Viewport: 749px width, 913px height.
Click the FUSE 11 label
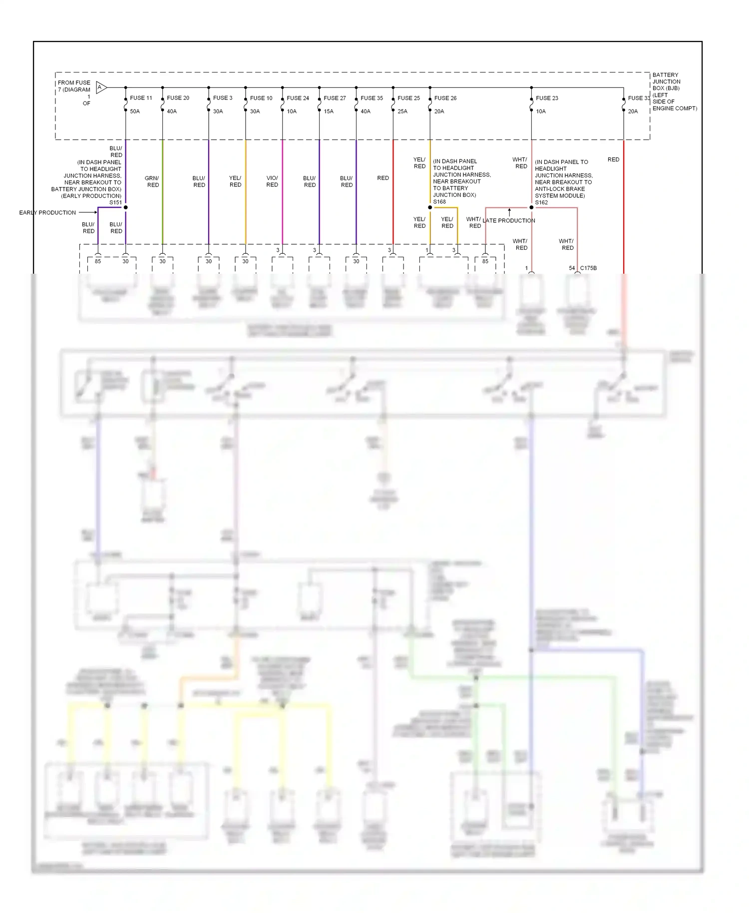[x=141, y=98]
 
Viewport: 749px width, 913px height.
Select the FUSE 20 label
[x=178, y=98]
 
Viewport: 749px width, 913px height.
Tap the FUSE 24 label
[x=298, y=98]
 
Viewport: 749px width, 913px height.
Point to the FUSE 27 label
[x=335, y=98]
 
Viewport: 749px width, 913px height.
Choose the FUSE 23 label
[x=547, y=98]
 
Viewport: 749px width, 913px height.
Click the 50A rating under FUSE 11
[x=135, y=111]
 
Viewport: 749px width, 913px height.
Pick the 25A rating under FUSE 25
[x=402, y=111]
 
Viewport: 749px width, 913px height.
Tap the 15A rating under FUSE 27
[x=329, y=111]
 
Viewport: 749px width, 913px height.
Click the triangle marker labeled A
[x=100, y=88]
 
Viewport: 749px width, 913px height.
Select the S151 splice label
[x=115, y=202]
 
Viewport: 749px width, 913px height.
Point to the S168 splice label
[x=439, y=202]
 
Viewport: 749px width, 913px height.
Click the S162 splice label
[x=541, y=202]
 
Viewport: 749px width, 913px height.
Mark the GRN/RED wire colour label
[x=152, y=181]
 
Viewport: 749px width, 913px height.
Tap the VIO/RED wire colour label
[x=272, y=181]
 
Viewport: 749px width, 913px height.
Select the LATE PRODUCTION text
[x=509, y=221]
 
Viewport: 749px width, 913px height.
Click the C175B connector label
[x=588, y=268]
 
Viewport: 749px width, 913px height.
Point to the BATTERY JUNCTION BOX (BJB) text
[x=666, y=81]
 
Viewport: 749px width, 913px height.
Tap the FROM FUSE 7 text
[x=74, y=83]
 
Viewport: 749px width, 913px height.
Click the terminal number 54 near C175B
[x=572, y=268]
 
